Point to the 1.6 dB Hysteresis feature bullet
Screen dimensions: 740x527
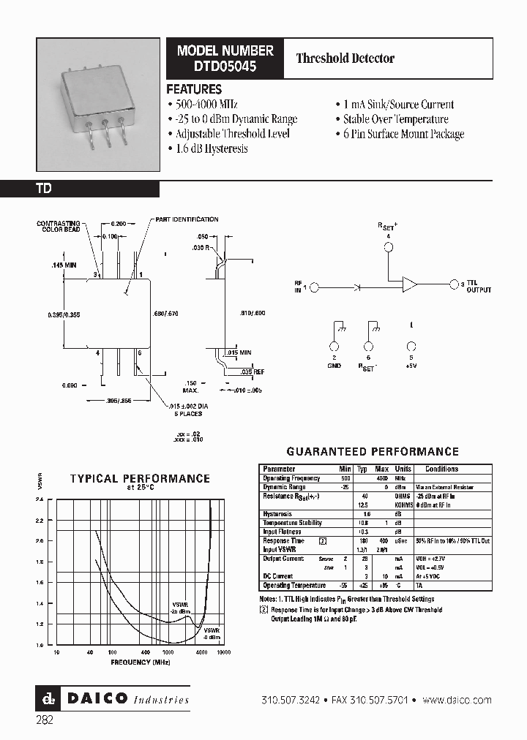pyautogui.click(x=212, y=148)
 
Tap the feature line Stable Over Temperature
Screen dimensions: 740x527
pyautogui.click(x=395, y=119)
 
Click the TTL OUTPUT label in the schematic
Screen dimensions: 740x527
pyautogui.click(x=479, y=287)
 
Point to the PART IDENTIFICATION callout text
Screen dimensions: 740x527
pyautogui.click(x=186, y=219)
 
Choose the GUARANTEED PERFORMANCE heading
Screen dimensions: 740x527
pyautogui.click(x=372, y=452)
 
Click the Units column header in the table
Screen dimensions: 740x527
pyautogui.click(x=403, y=469)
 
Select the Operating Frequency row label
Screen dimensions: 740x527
pyautogui.click(x=291, y=477)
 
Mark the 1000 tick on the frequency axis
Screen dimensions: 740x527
pyautogui.click(x=168, y=652)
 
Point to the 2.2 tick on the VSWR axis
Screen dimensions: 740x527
pyautogui.click(x=39, y=520)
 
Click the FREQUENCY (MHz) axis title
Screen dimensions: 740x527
pyautogui.click(x=141, y=662)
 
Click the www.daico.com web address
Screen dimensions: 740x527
pyautogui.click(x=457, y=700)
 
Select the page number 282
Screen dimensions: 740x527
pyautogui.click(x=44, y=720)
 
